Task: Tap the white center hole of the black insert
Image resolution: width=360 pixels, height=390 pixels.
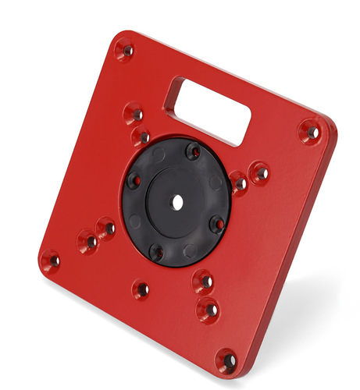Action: (x=177, y=202)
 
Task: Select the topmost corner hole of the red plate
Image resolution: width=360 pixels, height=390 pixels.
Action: (x=125, y=51)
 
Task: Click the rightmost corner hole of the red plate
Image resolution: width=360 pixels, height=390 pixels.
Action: (x=311, y=132)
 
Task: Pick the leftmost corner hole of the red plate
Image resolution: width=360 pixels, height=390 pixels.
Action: (x=51, y=261)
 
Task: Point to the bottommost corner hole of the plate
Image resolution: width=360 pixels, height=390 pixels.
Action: (x=226, y=361)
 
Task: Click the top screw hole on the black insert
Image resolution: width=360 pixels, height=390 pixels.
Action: (x=192, y=151)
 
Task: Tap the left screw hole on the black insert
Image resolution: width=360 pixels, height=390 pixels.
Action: (x=135, y=179)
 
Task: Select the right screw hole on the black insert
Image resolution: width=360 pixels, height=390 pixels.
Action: (x=219, y=225)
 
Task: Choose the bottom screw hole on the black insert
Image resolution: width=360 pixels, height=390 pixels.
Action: (x=157, y=252)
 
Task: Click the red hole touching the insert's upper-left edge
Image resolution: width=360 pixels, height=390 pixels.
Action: (x=141, y=138)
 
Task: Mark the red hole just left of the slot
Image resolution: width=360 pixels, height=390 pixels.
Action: (x=134, y=114)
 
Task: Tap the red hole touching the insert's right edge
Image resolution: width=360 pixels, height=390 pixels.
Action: (x=239, y=183)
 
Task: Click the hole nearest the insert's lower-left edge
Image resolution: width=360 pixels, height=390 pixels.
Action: (x=106, y=229)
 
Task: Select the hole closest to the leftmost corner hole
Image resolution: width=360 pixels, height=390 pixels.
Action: (x=88, y=240)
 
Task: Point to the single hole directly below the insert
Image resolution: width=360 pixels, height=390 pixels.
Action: (x=141, y=289)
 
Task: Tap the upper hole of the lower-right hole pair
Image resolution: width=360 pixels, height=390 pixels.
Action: (x=204, y=281)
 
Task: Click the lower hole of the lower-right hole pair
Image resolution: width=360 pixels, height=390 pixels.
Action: (x=209, y=309)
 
